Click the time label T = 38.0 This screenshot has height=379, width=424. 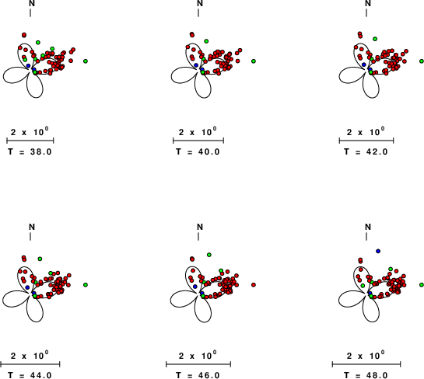pos(30,151)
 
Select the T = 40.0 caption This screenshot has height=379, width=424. pos(198,151)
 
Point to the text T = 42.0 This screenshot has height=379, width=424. pos(366,151)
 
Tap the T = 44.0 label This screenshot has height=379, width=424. pos(30,375)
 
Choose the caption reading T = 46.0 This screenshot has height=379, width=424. pos(198,375)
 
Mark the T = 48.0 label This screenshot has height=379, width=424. pos(366,375)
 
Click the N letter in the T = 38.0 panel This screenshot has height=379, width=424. pos(32,3)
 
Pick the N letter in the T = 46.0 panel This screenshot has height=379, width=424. pos(200,227)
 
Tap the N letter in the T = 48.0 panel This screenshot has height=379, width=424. pos(368,227)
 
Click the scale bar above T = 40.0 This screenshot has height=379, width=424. pos(198,141)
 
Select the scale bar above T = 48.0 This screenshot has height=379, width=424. pos(366,364)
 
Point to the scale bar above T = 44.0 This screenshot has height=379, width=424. pos(30,364)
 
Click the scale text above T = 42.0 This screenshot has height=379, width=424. pos(366,132)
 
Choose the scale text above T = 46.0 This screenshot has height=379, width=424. pos(198,355)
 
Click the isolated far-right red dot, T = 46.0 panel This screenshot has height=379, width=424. pos(254,285)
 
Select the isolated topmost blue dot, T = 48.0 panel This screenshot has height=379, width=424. pos(378,251)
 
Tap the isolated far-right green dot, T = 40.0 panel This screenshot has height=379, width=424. pos(254,61)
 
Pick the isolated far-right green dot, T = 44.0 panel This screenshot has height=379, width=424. pos(86,285)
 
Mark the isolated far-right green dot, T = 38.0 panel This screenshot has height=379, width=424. pos(86,61)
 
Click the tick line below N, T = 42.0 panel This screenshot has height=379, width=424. pos(366,12)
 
